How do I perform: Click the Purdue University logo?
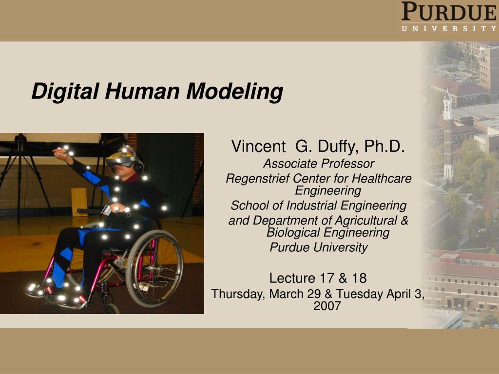point(448,17)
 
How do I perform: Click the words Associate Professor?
point(318,164)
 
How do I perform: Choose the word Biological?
point(291,233)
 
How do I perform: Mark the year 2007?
point(327,306)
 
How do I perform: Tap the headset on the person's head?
point(124,159)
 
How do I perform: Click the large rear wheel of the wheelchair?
point(154,268)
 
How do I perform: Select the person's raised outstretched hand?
point(60,154)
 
